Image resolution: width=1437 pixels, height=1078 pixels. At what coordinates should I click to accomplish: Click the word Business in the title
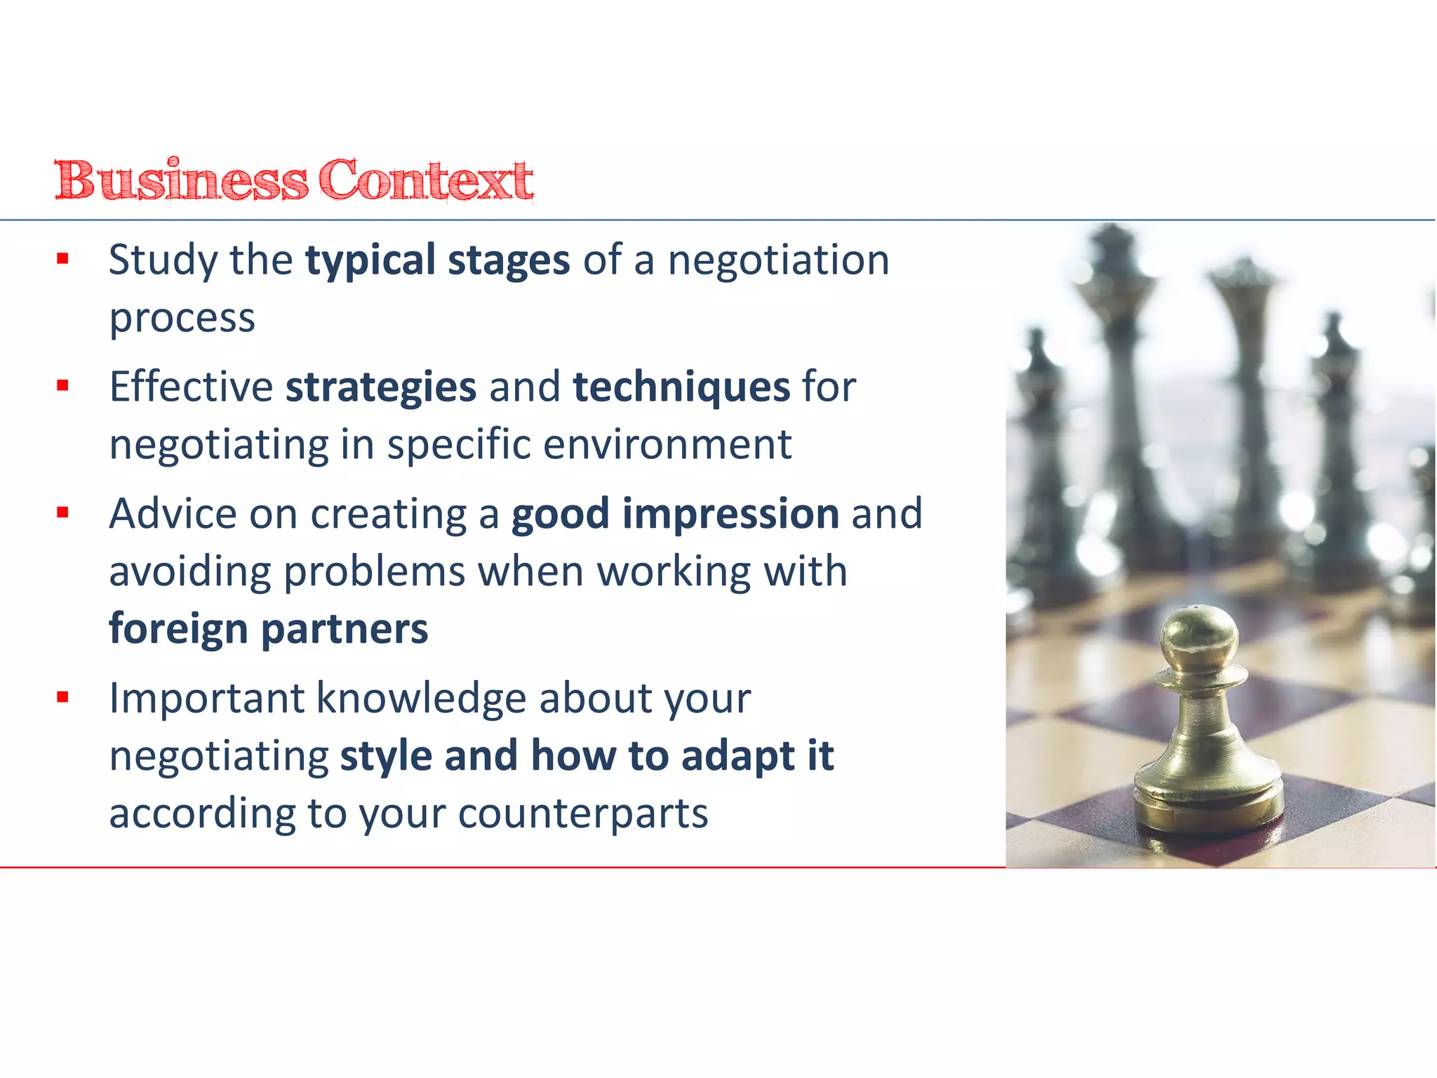point(181,180)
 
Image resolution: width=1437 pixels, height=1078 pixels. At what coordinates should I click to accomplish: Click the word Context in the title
point(426,180)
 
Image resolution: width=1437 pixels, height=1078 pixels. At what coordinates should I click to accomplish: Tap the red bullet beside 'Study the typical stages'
point(63,259)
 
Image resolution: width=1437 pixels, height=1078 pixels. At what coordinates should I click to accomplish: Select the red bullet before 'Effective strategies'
point(63,385)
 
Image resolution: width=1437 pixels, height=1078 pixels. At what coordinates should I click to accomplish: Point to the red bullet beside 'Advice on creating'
point(63,512)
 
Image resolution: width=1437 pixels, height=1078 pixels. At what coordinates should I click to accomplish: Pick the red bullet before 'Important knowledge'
point(63,697)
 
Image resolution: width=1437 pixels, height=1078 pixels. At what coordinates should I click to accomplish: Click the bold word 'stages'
point(509,261)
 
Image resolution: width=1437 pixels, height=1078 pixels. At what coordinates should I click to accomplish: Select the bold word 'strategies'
point(381,388)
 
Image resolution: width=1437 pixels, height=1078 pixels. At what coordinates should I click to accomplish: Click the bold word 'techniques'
point(681,388)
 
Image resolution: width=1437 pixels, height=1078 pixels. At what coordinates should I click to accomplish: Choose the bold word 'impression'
point(730,515)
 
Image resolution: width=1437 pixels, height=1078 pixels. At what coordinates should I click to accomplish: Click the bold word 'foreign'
point(178,630)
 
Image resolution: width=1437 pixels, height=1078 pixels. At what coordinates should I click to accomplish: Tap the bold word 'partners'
point(345,630)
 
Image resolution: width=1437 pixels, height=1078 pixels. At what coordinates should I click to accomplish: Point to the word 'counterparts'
point(583,814)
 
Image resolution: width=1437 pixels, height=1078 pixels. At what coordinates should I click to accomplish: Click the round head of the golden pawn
point(1198,635)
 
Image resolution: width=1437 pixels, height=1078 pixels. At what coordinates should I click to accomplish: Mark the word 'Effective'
point(191,387)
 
